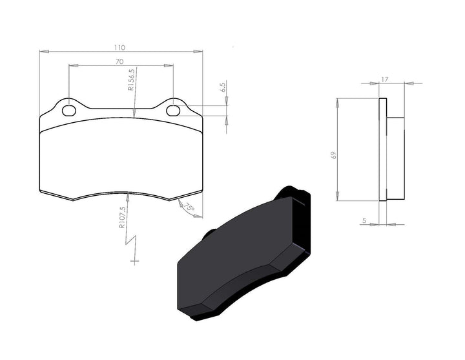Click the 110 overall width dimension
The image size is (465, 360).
click(120, 47)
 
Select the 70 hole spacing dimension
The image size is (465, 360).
click(120, 61)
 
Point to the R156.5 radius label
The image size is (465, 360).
click(131, 81)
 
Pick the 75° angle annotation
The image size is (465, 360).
click(188, 208)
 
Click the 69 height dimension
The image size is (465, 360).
click(333, 154)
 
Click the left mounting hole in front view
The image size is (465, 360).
click(68, 111)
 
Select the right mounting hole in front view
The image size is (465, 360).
click(172, 111)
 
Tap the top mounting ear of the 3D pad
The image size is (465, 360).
click(294, 193)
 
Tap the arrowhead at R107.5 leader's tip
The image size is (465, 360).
click(129, 195)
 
